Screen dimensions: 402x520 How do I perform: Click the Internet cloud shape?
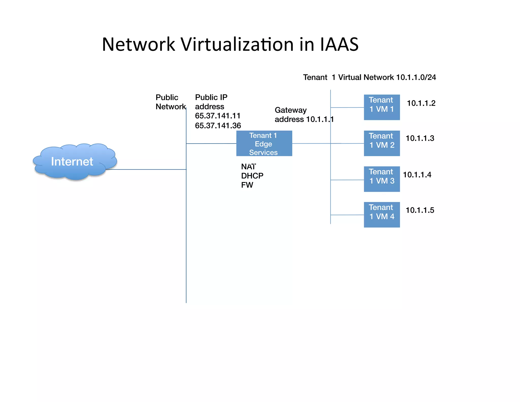click(x=74, y=162)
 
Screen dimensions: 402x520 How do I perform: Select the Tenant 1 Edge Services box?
click(x=264, y=144)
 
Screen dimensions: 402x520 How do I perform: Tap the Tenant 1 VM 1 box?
click(x=382, y=107)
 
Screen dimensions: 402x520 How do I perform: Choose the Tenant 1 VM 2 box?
click(x=382, y=143)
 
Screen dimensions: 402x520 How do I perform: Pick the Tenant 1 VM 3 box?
click(x=382, y=179)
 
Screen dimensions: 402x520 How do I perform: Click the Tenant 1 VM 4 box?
click(x=382, y=215)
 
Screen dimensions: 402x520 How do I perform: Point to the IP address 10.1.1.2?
click(x=421, y=103)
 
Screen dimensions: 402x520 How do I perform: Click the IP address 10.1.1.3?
click(x=420, y=138)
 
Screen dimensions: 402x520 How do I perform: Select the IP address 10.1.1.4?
click(x=417, y=175)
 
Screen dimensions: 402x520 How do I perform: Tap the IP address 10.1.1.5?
click(x=420, y=210)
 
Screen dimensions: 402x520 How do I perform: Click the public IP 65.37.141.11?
click(x=218, y=116)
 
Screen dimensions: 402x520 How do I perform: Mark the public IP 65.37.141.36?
click(x=218, y=126)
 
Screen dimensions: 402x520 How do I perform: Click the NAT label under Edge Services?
click(x=248, y=167)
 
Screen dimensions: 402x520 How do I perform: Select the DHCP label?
click(x=252, y=176)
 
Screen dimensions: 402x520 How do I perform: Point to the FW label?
click(x=247, y=185)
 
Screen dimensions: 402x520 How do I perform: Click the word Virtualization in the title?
click(x=237, y=44)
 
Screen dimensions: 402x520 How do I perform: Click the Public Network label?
click(x=170, y=102)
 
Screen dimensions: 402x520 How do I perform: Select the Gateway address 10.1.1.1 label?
click(x=304, y=115)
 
